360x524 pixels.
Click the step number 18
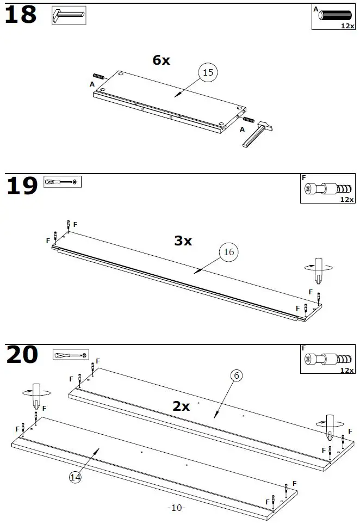click(x=21, y=15)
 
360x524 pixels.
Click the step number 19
click(x=22, y=186)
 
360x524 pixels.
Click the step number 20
click(x=22, y=355)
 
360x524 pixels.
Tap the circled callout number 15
click(x=207, y=72)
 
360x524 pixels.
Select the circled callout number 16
click(x=229, y=252)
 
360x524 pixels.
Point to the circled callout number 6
click(x=235, y=375)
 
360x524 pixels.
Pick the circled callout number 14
click(x=76, y=477)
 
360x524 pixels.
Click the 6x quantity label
click(x=161, y=60)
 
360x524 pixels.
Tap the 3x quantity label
click(x=183, y=241)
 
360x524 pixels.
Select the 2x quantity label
click(x=181, y=406)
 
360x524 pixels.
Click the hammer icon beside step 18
click(x=69, y=15)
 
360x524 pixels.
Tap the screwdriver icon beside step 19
click(x=62, y=182)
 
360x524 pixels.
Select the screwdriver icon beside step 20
click(x=70, y=355)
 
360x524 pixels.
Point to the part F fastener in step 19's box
click(x=327, y=189)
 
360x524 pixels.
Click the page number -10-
click(x=177, y=508)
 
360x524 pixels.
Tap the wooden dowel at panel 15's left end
click(x=100, y=76)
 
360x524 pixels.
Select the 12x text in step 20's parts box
click(x=347, y=370)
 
